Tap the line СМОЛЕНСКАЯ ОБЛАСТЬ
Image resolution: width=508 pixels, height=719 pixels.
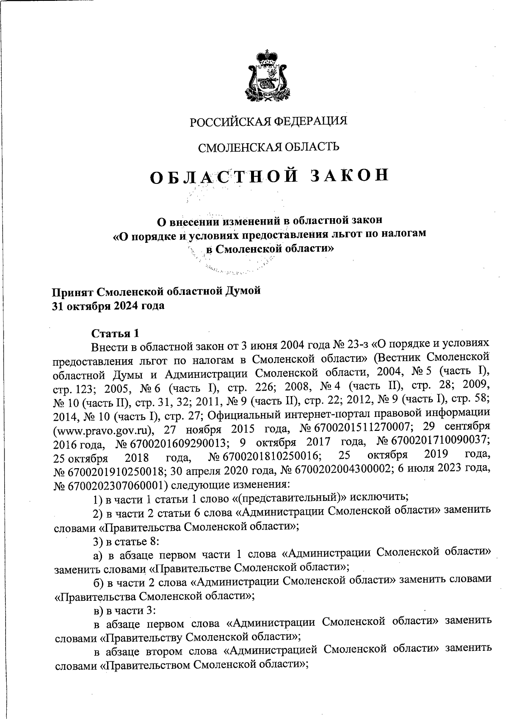(x=269, y=147)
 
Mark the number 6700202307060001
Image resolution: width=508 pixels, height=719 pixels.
(x=114, y=486)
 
